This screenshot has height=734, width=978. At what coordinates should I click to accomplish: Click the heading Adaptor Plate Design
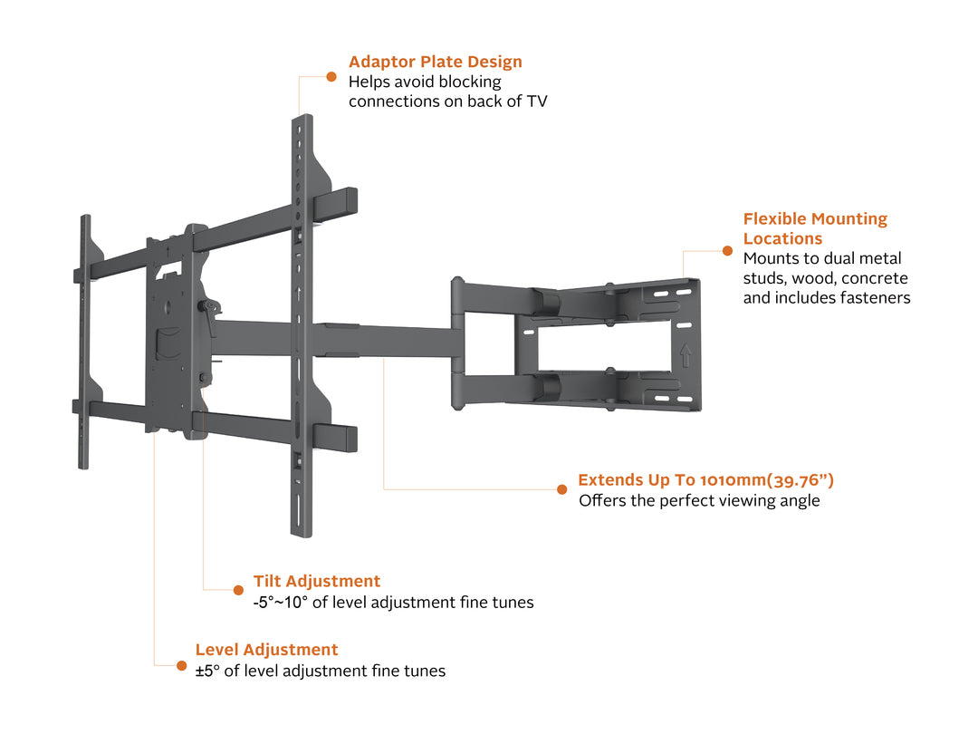pos(435,62)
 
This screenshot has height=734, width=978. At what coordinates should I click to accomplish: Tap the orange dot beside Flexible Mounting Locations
pos(726,250)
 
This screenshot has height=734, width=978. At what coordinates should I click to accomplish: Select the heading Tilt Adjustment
pos(316,581)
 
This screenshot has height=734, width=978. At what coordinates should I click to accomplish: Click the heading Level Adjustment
pos(266,650)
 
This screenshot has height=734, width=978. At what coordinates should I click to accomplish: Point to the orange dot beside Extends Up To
pos(561,489)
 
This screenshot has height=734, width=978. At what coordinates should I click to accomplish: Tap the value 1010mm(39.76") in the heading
pos(767,480)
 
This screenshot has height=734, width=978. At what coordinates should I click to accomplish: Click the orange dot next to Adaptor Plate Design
pos(331,76)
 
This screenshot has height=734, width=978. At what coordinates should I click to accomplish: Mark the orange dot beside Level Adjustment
pos(181,665)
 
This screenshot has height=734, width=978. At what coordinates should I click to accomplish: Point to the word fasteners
pos(870,297)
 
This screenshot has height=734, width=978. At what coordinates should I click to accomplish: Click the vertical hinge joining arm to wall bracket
pos(459,344)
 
